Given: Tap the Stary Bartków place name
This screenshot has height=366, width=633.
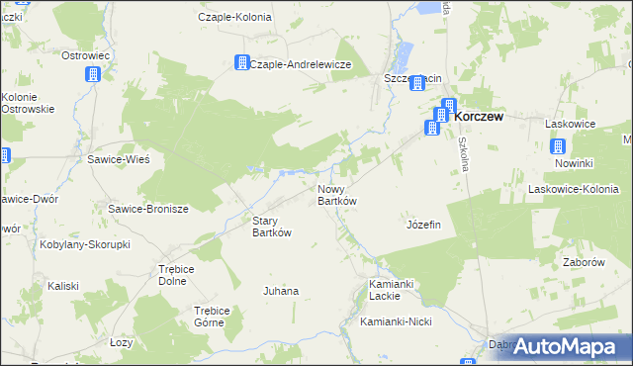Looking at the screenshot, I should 272,227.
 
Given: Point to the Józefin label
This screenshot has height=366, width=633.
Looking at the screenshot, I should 422,225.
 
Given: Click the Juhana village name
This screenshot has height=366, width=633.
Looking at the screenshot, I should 280,291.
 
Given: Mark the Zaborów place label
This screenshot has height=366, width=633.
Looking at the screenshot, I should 583,263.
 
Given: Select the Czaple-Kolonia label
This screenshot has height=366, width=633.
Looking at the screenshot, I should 234,17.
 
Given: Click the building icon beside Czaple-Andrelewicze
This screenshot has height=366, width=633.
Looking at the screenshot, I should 241,63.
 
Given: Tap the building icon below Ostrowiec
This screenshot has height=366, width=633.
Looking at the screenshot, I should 92,74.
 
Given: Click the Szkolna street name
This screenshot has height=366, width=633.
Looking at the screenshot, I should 462,153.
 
